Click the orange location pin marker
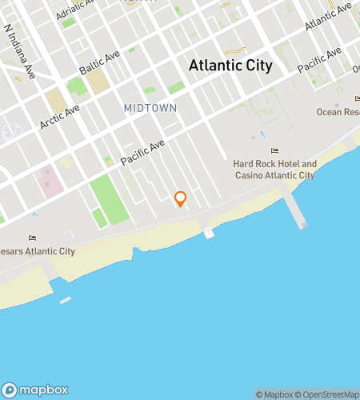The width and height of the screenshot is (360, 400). coord(180,198)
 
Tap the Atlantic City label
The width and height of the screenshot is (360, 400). coord(230,66)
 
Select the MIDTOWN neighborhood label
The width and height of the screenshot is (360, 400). coord(150,107)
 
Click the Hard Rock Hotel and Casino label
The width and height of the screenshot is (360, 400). coord(274,170)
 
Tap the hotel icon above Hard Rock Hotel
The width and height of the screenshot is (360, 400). coord(275,150)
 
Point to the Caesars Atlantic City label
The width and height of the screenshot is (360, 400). coord(38,251)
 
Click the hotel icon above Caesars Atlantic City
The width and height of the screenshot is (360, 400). coord(32,238)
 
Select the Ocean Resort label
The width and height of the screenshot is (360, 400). coord(339,111)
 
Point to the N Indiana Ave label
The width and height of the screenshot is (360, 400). coord(19,50)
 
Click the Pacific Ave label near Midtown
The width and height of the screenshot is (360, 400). coord(142,152)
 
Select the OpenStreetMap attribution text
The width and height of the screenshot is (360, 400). coord(328,394)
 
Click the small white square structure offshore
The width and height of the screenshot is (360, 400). coord(209,233)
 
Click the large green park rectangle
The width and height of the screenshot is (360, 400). coord(109,199)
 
